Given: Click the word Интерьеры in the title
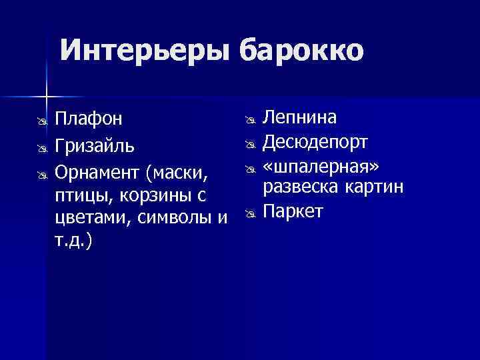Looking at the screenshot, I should [145, 49].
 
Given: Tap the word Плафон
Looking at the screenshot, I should [89, 119].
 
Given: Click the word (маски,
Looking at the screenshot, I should [177, 174].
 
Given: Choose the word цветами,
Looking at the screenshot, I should [91, 219].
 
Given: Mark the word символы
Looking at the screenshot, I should [174, 219].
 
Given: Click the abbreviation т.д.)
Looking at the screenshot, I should [74, 241].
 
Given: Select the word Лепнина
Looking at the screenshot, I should [299, 118].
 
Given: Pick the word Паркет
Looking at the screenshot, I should [293, 211].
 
